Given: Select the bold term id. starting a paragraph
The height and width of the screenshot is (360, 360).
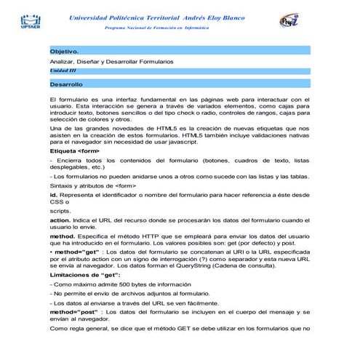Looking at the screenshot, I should click(x=53, y=195).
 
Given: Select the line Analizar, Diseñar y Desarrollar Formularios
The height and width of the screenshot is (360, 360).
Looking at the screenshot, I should click(x=111, y=63).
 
